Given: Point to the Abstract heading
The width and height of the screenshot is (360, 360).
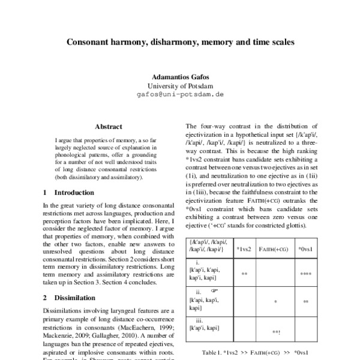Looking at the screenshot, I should (109, 127).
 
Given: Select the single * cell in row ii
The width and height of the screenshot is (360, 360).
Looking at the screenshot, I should (274, 302).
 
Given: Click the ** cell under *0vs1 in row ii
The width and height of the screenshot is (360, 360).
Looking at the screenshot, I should (305, 302).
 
